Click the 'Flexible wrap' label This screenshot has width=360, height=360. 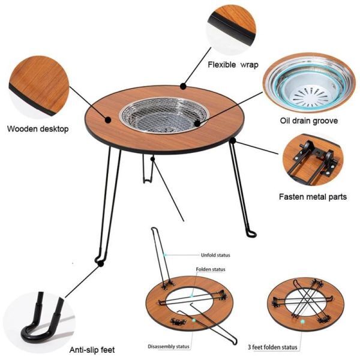tap(233, 65)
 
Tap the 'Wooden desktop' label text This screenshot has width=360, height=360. tap(38, 129)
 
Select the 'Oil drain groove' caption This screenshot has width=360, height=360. tap(309, 121)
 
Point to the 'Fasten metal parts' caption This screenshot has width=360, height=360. tap(313, 197)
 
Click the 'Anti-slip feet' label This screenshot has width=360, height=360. tap(92, 350)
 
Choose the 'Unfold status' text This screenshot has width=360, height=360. tap(215, 255)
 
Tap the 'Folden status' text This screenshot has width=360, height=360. tap(211, 269)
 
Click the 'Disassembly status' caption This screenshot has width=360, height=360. tap(169, 346)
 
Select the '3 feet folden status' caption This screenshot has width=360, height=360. tap(272, 347)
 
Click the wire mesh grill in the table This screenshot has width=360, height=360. tap(164, 115)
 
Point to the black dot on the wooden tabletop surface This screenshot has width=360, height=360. tap(108, 119)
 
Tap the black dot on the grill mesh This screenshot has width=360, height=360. tap(197, 123)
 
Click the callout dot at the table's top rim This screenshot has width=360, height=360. tap(183, 86)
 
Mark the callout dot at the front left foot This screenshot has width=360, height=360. tap(100, 264)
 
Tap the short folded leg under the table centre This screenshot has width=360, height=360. tap(147, 169)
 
